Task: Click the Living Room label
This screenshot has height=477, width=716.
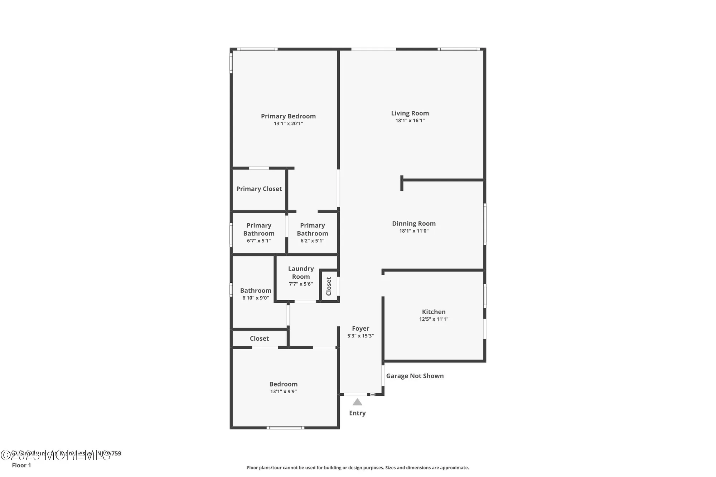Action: [x=410, y=113]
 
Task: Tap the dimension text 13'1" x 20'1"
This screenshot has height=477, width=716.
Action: [x=288, y=124]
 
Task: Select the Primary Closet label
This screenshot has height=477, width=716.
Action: [x=259, y=189]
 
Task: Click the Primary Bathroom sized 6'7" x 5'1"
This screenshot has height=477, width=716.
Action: [x=258, y=233]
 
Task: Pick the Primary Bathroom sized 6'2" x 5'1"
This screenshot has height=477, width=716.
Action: [x=312, y=233]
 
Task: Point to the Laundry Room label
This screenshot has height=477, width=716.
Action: [x=301, y=273]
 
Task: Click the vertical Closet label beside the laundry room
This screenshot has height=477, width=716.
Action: [x=329, y=286]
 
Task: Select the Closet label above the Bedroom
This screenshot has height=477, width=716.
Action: [x=259, y=339]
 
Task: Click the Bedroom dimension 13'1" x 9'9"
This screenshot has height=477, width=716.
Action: [x=283, y=391]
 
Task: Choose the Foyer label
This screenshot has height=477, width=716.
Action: [x=360, y=328]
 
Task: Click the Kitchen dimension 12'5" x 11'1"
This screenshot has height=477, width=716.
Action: [x=434, y=319]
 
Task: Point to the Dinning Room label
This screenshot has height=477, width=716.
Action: [x=413, y=224]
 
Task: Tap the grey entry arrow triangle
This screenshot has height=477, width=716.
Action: [x=357, y=402]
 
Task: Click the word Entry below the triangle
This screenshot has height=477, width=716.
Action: [x=357, y=413]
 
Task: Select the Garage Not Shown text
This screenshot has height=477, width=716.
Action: [x=415, y=376]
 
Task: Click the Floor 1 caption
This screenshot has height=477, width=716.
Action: [x=21, y=465]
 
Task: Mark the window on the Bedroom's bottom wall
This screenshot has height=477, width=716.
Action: [x=285, y=428]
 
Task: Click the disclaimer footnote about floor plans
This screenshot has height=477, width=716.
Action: [x=358, y=468]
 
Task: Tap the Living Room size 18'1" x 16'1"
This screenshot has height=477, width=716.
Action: [x=410, y=121]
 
